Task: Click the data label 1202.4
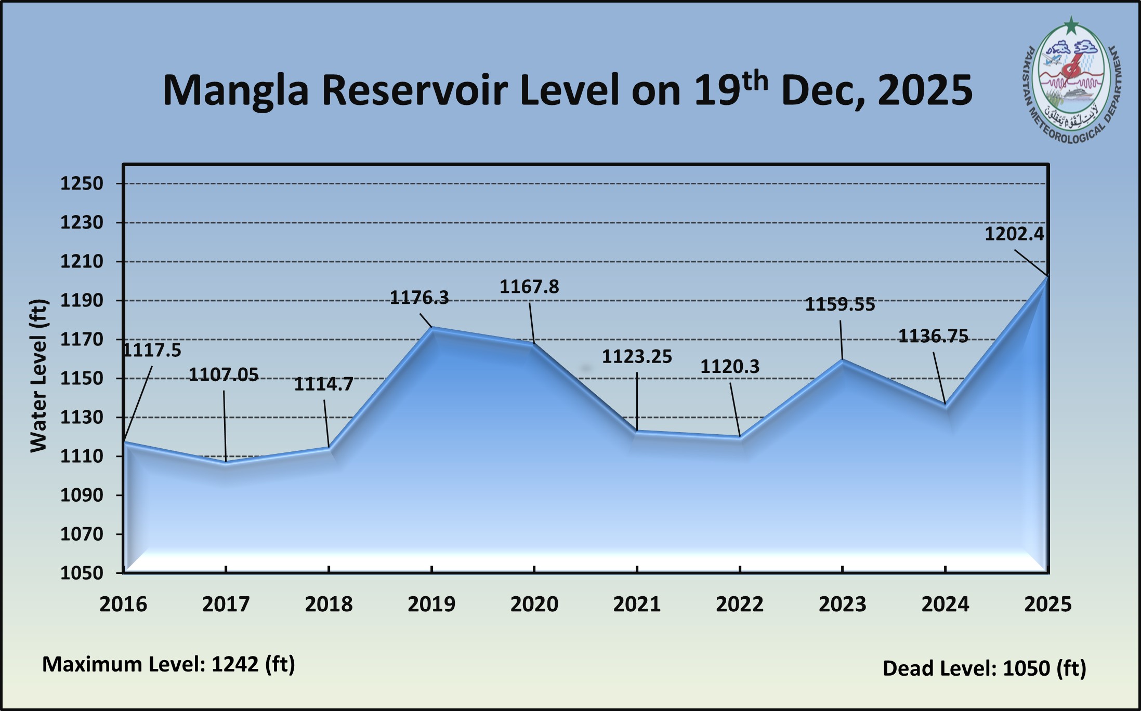[1014, 234]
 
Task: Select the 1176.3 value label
[419, 298]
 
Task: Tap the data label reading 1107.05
[224, 374]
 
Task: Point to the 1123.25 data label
[637, 356]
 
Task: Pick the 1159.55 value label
[840, 304]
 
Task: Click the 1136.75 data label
[934, 337]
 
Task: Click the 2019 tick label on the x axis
[431, 604]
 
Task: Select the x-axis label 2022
[740, 604]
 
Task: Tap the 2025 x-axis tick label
[1048, 604]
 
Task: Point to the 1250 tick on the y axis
[82, 183]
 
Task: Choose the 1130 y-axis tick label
[82, 417]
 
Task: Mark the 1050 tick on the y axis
[82, 573]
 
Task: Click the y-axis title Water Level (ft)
[39, 375]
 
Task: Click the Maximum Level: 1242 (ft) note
[168, 664]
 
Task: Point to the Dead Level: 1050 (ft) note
[985, 668]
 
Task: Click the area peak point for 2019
[432, 328]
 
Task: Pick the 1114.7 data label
[324, 384]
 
